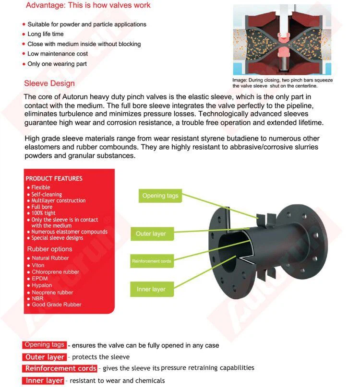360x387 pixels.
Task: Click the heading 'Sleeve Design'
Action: point(49,83)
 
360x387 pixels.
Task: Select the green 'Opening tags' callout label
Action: point(160,196)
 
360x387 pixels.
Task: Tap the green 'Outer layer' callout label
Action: point(151,234)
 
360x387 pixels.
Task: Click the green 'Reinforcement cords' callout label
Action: point(151,261)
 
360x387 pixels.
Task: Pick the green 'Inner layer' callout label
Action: point(151,289)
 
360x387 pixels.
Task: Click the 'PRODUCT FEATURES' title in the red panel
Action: point(54,178)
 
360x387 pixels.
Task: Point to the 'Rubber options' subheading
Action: point(49,249)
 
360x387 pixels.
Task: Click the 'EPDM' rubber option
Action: point(40,279)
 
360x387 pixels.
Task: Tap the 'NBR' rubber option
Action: point(37,298)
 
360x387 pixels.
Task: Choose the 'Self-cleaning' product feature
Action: point(47,194)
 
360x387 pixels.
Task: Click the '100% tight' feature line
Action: point(43,213)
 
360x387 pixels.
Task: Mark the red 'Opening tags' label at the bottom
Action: point(44,345)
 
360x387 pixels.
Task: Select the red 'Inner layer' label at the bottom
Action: point(44,381)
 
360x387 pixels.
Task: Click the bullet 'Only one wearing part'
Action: point(57,64)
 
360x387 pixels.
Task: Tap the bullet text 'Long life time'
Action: point(45,34)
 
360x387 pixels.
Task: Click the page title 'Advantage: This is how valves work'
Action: point(88,5)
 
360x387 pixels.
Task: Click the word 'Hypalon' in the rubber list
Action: point(42,285)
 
